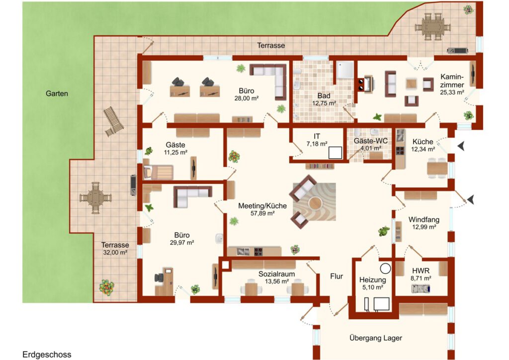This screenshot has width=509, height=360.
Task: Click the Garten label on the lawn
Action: [x=57, y=93]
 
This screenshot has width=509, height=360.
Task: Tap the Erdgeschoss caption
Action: [x=47, y=354]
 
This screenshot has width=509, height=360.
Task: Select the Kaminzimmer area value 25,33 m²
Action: [x=452, y=92]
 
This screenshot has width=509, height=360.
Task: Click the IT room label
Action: [x=317, y=136]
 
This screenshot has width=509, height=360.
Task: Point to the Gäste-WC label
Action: [x=371, y=141]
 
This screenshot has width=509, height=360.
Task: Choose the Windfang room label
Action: [x=424, y=220]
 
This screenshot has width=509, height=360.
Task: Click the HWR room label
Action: [x=421, y=270]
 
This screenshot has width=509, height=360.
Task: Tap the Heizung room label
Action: [x=373, y=280]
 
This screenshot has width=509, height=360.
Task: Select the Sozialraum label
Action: [x=276, y=274]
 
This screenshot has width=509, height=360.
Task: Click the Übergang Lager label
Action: [x=376, y=338]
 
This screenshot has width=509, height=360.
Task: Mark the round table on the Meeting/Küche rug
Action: [x=315, y=203]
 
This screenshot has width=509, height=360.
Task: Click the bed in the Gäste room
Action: [x=159, y=172]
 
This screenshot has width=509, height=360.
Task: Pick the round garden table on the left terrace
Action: [x=95, y=198]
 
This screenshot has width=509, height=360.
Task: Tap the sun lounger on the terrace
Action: [x=113, y=121]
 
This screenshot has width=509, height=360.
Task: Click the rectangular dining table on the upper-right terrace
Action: [x=433, y=26]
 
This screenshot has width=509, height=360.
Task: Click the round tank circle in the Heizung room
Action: [x=386, y=269]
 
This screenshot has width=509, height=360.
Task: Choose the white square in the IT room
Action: [x=335, y=153]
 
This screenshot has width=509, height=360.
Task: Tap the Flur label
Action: [x=337, y=276]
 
